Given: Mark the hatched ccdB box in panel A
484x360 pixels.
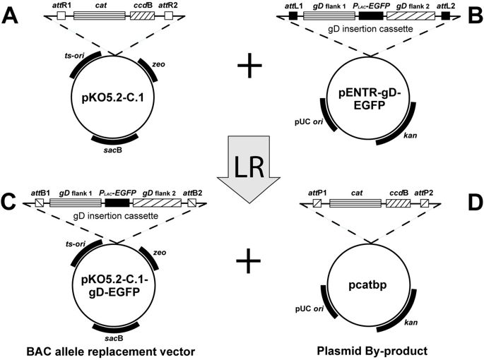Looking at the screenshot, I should coord(145,15).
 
